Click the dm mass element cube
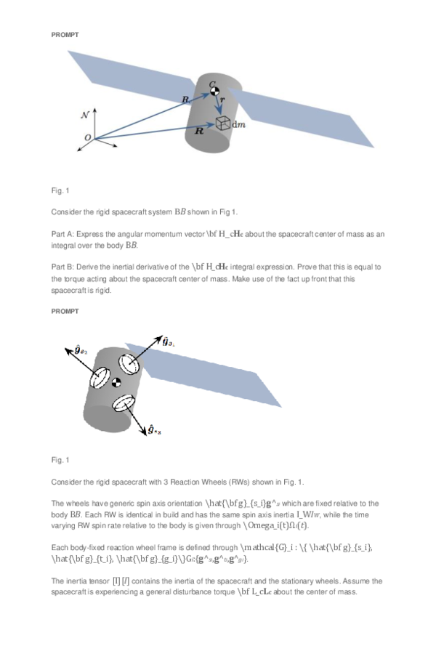(223, 124)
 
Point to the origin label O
(88, 138)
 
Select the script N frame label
(85, 115)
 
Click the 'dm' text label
(238, 125)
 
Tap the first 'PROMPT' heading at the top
(64, 35)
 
